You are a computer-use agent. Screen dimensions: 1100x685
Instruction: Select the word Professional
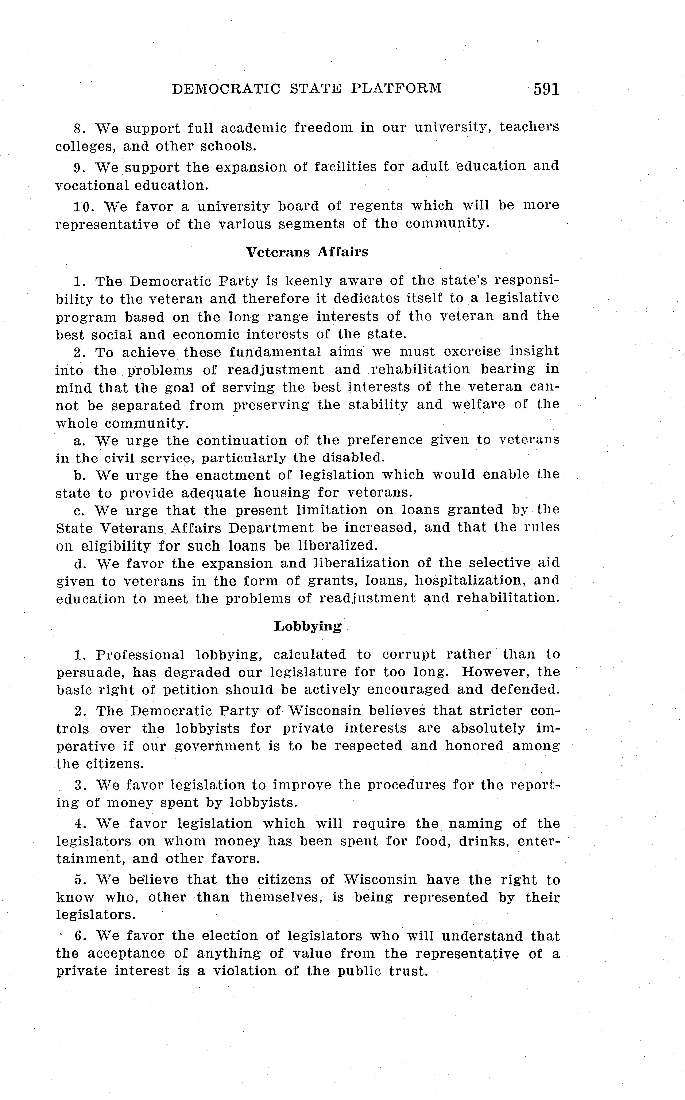pos(140,655)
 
